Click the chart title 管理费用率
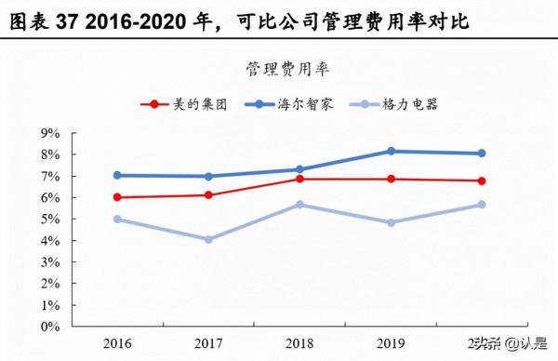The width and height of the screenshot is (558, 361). click(286, 69)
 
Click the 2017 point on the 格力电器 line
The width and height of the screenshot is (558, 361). click(208, 239)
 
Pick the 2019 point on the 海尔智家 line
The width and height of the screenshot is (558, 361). click(391, 151)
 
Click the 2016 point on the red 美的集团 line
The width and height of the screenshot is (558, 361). click(117, 197)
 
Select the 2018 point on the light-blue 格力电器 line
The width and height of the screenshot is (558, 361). click(299, 204)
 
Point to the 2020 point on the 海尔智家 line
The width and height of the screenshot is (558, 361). click(482, 154)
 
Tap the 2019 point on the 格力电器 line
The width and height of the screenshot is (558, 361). click(391, 222)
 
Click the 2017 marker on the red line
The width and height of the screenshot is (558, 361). click(208, 194)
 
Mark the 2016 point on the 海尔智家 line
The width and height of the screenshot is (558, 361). click(117, 175)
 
